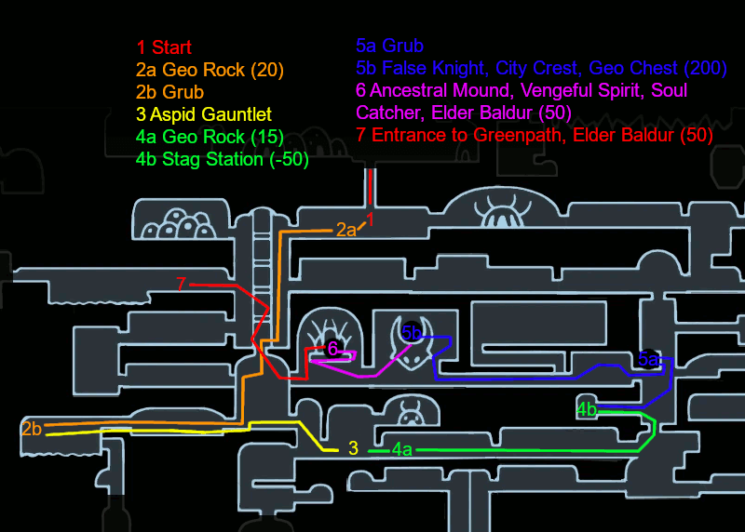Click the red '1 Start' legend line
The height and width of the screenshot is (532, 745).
[164, 47]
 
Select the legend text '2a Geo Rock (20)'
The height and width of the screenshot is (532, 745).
[210, 70]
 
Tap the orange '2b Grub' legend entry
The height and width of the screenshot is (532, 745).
[169, 92]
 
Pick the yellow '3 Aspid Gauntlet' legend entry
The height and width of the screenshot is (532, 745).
[204, 114]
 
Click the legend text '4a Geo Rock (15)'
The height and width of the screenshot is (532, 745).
[210, 137]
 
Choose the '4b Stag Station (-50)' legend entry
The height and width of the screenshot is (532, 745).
[223, 159]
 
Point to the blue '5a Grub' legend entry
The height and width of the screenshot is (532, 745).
[389, 46]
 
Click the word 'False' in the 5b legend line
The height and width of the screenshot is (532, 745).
[405, 68]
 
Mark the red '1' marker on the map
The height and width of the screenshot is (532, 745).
[370, 219]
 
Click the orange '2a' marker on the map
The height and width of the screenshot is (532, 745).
[345, 230]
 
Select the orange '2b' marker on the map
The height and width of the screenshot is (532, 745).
[32, 429]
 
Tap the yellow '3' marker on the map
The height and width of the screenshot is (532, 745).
[353, 448]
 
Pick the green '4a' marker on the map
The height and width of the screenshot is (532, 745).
[402, 449]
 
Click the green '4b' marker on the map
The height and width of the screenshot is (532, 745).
[587, 409]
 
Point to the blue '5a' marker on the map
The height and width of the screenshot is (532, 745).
[648, 359]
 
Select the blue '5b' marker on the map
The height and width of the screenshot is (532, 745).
[412, 333]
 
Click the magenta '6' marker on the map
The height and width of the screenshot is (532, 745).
[332, 349]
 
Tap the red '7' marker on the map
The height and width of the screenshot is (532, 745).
[181, 284]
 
